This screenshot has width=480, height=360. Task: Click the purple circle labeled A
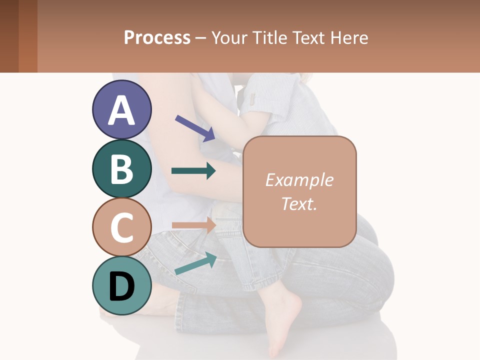tap(121, 110)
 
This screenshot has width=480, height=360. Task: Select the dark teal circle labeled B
tap(121, 169)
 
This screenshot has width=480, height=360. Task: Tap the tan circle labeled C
tap(121, 227)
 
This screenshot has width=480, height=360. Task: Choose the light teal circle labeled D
tap(121, 285)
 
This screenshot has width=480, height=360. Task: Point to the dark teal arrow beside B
tap(193, 171)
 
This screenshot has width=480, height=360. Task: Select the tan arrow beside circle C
tap(193, 225)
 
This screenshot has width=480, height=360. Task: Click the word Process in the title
tap(157, 38)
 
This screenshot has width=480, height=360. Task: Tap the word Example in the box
tap(299, 180)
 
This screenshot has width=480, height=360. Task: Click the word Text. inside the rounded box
tap(299, 203)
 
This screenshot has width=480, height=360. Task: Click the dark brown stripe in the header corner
tap(9, 36)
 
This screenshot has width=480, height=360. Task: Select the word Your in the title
tap(229, 38)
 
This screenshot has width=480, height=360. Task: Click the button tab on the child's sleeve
tap(253, 98)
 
